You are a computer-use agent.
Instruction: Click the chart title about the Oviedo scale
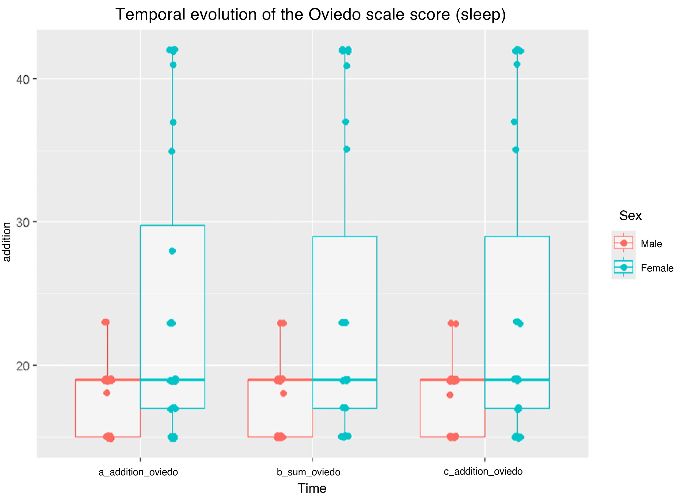coord(310,15)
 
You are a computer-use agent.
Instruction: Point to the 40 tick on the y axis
coord(23,79)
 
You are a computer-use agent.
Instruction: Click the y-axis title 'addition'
coord(7,242)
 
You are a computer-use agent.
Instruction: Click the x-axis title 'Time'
coord(312,488)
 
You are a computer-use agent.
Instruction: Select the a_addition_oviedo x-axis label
coord(138,472)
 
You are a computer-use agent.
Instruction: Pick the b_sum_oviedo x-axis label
coord(308,472)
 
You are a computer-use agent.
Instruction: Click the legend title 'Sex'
coord(630,216)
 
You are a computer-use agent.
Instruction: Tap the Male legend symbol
coord(623,243)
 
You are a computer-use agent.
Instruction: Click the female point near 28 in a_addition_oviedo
coord(172,251)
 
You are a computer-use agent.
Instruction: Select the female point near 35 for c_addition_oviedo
coord(516,150)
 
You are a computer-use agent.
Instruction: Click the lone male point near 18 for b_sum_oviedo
coord(283,394)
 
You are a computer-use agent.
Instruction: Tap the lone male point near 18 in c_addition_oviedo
coord(450,395)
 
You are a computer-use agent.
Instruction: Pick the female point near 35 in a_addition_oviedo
coord(172,151)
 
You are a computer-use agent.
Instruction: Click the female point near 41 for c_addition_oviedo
coord(517,64)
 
